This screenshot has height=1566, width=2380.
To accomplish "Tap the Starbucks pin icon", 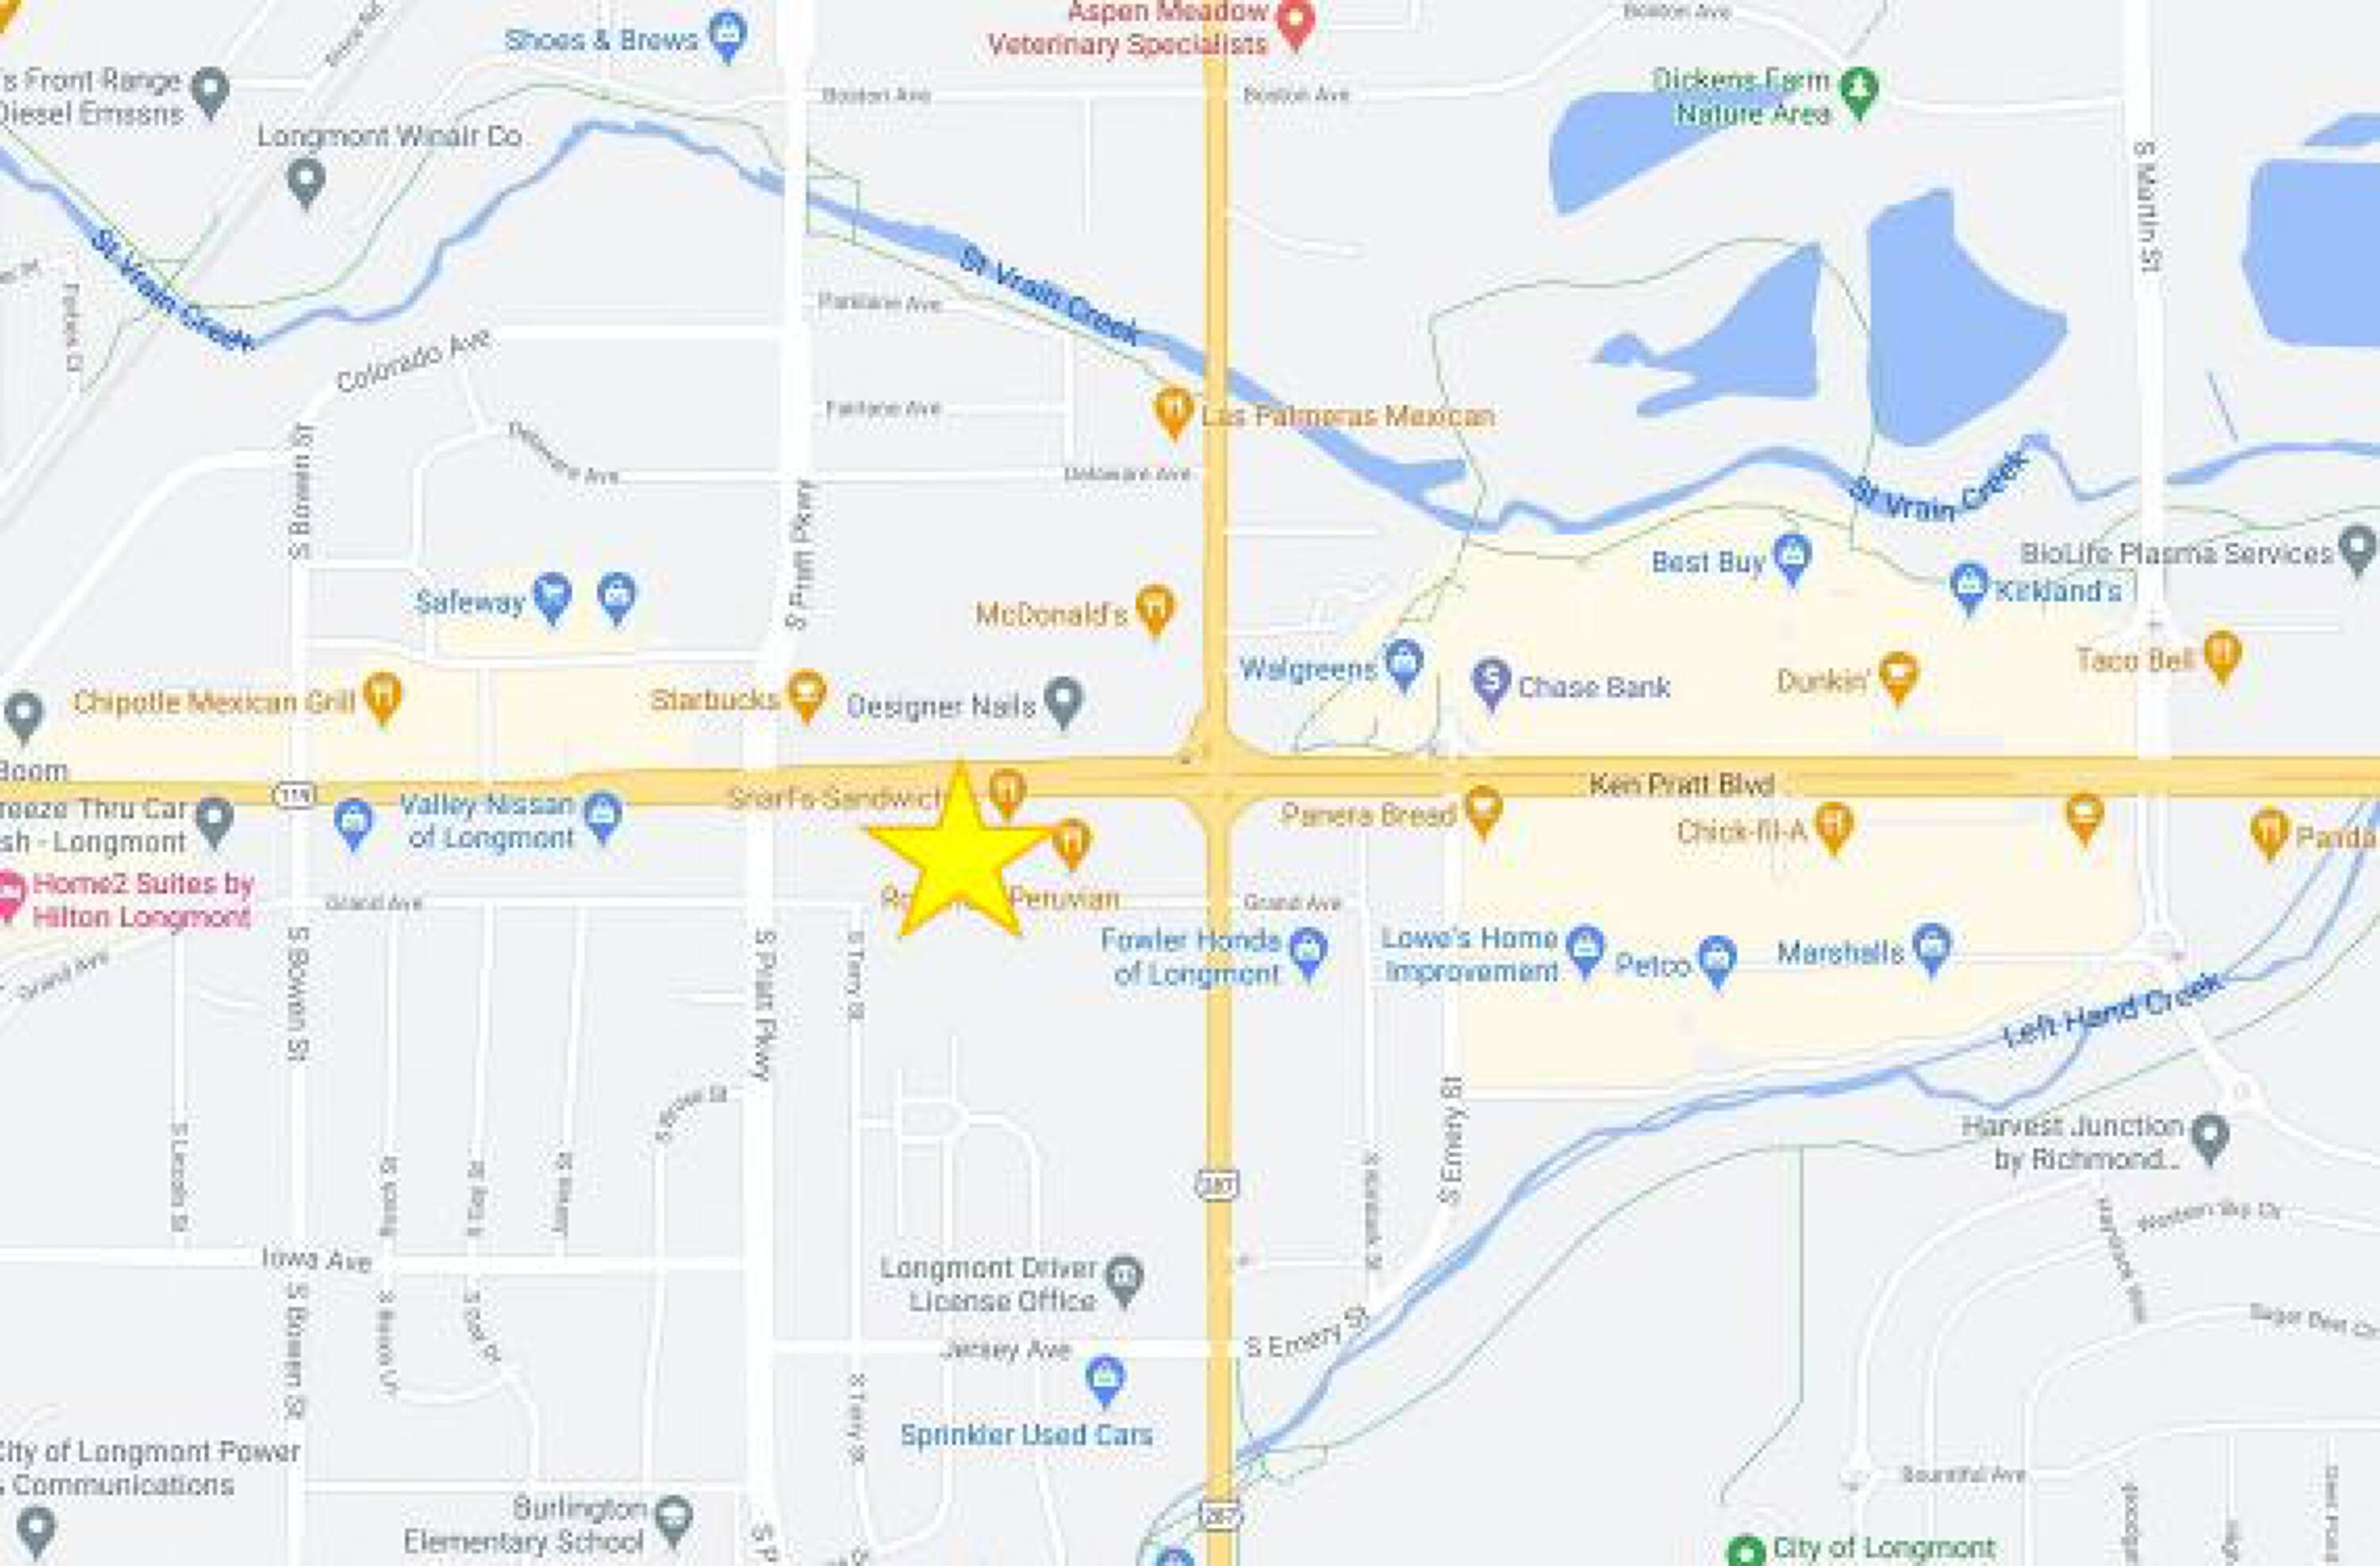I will pos(807,692).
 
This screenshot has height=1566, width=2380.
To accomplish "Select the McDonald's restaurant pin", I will pos(1155,607).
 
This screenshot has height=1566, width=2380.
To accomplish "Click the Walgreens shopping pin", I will pos(1404,662).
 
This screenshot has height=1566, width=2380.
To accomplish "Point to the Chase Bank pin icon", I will pos(1491,682).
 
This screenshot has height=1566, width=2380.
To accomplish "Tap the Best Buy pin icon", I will pos(1791,556).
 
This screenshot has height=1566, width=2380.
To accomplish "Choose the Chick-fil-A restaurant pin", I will pos(1833,826).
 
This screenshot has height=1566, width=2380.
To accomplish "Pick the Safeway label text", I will pos(469,602).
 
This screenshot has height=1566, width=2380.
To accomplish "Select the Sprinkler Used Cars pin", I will pos(1104,1379).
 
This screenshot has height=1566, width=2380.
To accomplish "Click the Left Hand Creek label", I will pos(2111,1010).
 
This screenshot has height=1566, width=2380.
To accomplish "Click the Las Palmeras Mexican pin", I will pos(1173,409).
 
